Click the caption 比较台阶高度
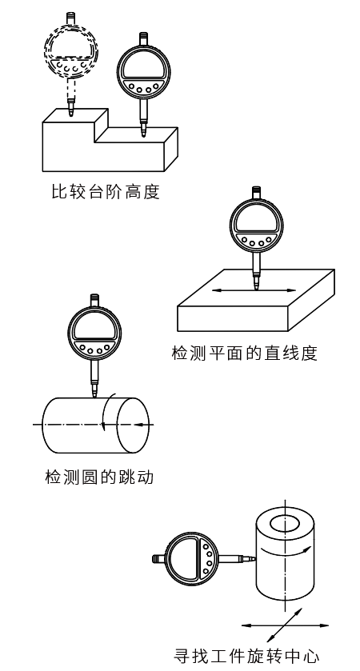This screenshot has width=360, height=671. (100, 193)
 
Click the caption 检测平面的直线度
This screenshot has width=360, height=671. (244, 352)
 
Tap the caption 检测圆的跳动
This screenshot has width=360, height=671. (98, 478)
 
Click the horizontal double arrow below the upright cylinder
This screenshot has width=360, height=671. (274, 625)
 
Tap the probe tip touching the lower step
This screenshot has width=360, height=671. (143, 134)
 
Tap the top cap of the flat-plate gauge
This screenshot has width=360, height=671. (256, 191)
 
